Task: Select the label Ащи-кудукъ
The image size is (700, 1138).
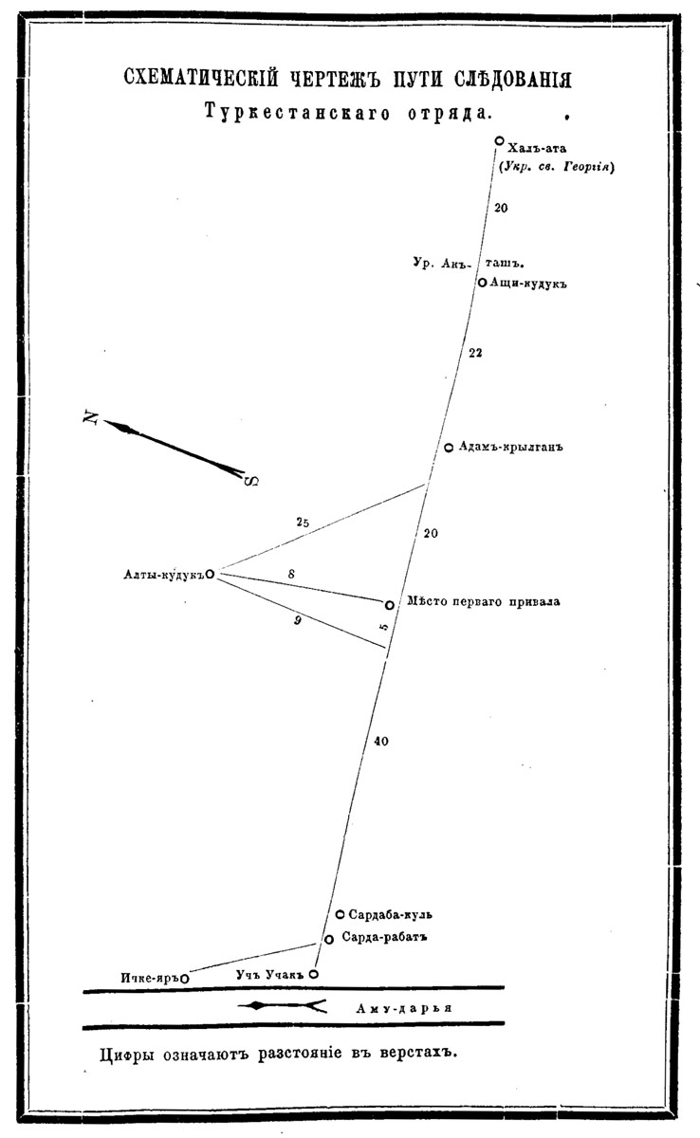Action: (x=527, y=283)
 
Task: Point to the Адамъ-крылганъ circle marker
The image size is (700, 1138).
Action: (x=449, y=448)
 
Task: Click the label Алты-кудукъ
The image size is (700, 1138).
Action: (x=163, y=574)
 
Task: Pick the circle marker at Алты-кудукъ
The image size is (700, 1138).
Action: (x=210, y=574)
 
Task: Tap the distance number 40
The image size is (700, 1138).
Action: (x=381, y=742)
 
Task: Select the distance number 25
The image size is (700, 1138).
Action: (x=303, y=522)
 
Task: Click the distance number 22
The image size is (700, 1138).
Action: (x=476, y=353)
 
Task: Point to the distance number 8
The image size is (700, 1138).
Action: (x=290, y=575)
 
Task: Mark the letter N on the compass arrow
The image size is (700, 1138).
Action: (x=91, y=416)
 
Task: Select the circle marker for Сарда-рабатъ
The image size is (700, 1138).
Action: (x=328, y=939)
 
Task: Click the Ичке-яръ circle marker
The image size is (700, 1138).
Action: (x=184, y=978)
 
